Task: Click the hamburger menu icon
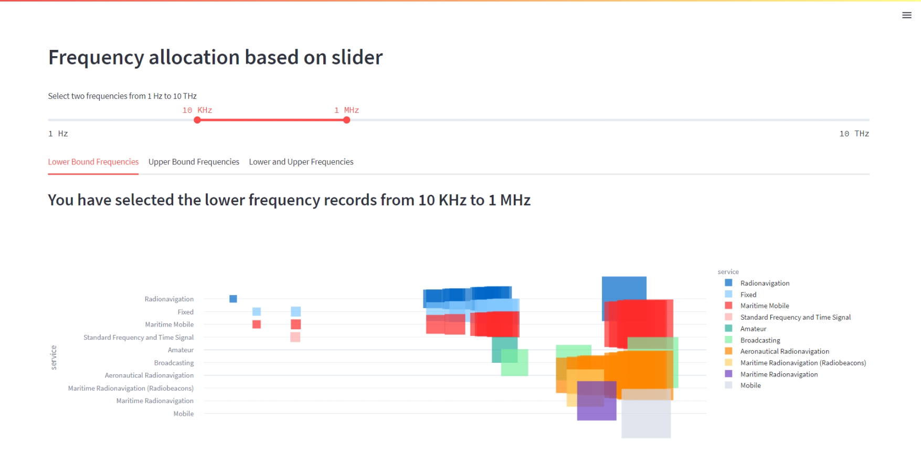pos(906,15)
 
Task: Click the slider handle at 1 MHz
pos(346,120)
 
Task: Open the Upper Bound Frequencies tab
pos(194,162)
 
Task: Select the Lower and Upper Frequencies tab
pos(301,162)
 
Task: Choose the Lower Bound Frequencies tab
pos(93,162)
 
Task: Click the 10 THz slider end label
pos(854,134)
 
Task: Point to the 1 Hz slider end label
pos(58,134)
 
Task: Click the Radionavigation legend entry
pos(765,283)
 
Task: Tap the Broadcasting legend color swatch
pos(728,340)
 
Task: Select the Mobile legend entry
pos(750,385)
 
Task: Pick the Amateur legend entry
pos(753,329)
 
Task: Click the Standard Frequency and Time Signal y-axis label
pos(139,338)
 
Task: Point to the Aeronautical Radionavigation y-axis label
pos(149,375)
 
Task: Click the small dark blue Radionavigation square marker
pos(233,299)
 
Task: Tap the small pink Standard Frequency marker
pos(295,337)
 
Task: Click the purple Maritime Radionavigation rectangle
pos(596,409)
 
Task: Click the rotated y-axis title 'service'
pos(54,358)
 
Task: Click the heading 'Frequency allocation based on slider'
pos(215,57)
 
